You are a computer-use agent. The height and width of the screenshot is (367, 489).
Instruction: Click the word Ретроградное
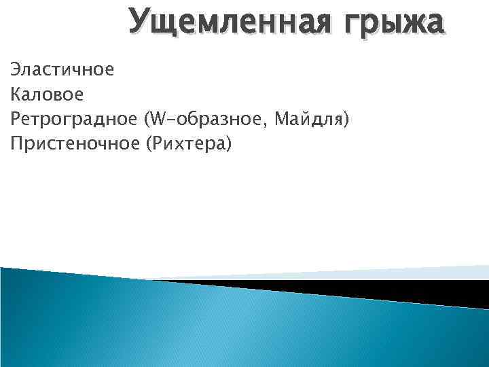73,120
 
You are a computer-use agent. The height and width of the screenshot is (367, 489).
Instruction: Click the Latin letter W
158,120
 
